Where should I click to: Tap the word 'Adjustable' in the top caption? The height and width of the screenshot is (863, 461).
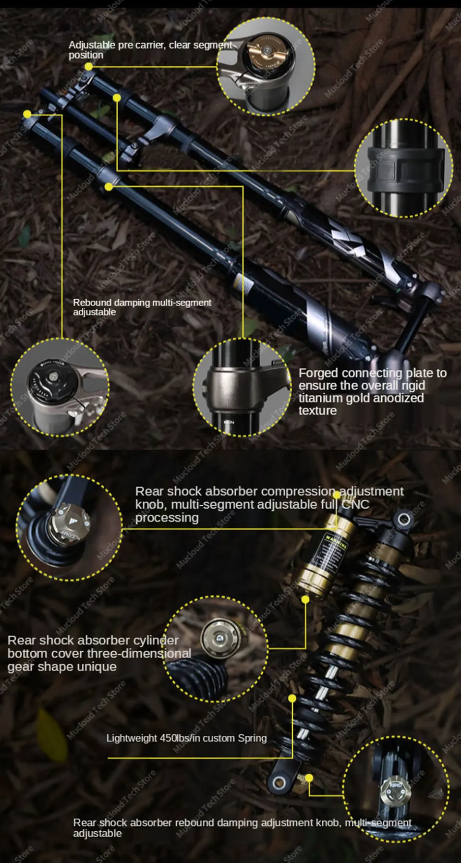[x=92, y=45]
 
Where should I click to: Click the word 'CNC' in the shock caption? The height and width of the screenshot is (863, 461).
[x=355, y=504]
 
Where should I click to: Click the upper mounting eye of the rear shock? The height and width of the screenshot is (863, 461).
[x=404, y=519]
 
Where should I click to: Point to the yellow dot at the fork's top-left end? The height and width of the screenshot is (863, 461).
[x=27, y=114]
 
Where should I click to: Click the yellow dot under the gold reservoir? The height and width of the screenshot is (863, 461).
[x=305, y=599]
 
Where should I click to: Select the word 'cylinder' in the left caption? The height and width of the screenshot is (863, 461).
[x=155, y=640]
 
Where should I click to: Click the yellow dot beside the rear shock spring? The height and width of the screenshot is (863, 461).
[x=292, y=698]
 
